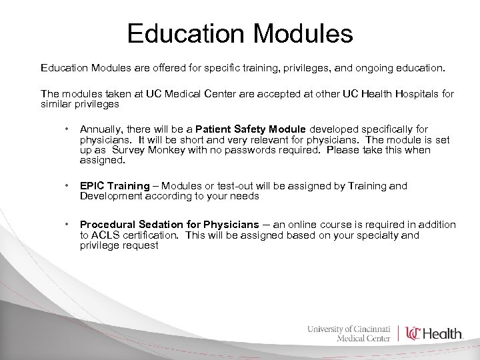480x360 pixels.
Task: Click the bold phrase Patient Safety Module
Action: (x=251, y=129)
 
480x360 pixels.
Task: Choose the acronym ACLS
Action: (x=105, y=235)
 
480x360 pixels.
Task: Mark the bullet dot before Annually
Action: (x=67, y=129)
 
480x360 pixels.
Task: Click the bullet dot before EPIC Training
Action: (x=67, y=186)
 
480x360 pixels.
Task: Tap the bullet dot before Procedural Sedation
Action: (x=67, y=225)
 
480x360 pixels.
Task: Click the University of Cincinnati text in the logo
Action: (x=349, y=328)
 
